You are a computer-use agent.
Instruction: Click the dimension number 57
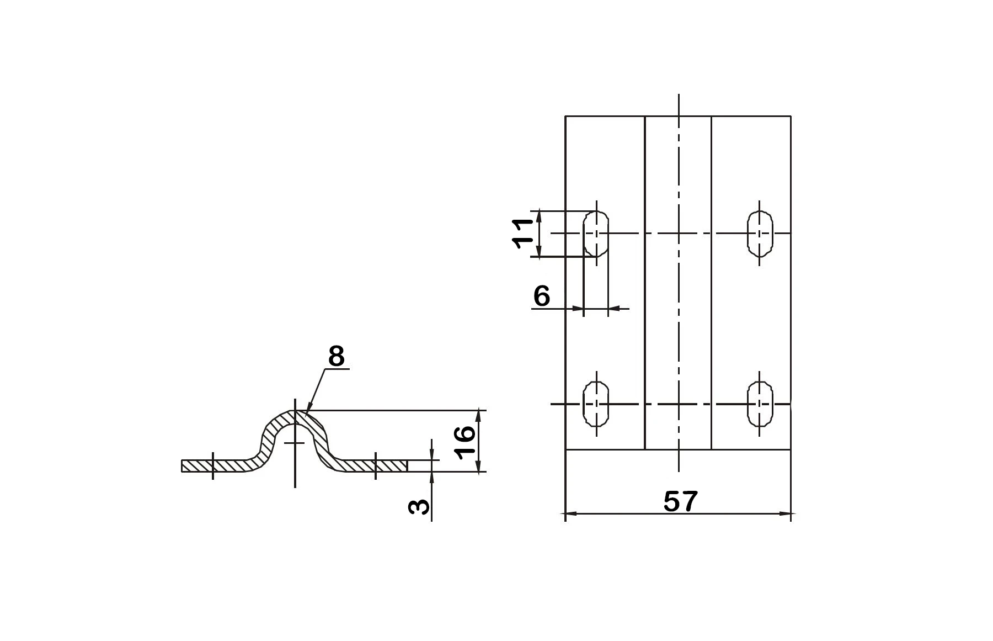(680, 501)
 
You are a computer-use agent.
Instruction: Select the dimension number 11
(522, 234)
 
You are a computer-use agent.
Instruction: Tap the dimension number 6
(542, 296)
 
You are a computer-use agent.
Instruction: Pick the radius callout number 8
(336, 357)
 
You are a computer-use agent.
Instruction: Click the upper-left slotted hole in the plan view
(596, 234)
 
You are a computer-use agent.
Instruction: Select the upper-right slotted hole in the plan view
(760, 234)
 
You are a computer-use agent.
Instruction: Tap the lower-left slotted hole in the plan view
(596, 404)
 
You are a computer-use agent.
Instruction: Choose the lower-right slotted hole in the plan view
(760, 404)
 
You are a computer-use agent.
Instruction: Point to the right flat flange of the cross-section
(375, 465)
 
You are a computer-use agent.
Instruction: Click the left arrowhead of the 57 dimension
(570, 513)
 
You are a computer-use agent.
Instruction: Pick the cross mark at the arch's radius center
(295, 443)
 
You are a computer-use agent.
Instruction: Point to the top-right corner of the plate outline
(791, 116)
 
